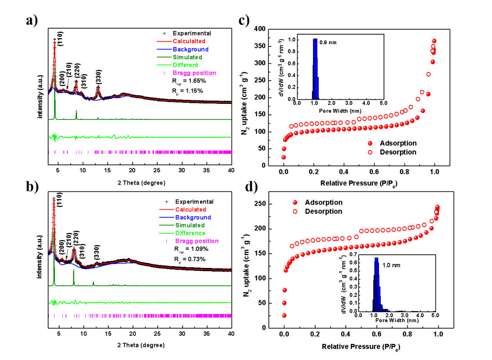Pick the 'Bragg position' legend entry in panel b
tap(197, 241)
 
